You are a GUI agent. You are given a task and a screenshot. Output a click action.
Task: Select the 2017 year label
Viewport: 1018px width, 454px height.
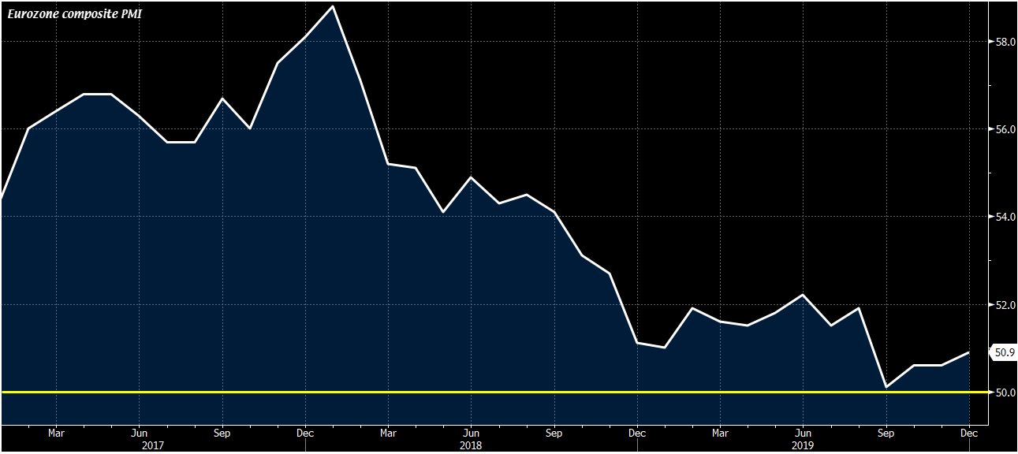pos(153,445)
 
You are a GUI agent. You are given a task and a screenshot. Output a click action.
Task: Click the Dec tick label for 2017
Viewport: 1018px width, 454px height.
pos(305,433)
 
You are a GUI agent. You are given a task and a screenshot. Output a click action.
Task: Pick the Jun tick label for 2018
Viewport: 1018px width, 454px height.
pos(471,433)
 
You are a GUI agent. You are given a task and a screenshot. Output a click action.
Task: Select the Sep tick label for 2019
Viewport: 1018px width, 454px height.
pos(886,433)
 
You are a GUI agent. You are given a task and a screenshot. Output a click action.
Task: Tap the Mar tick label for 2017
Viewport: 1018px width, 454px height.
pos(56,433)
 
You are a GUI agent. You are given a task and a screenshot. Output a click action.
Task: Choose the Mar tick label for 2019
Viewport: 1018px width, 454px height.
pos(720,433)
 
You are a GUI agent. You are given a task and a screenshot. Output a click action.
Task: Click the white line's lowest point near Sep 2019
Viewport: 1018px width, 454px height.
pos(886,387)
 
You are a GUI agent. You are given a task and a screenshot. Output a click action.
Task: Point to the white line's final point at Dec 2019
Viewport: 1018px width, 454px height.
pos(969,352)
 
